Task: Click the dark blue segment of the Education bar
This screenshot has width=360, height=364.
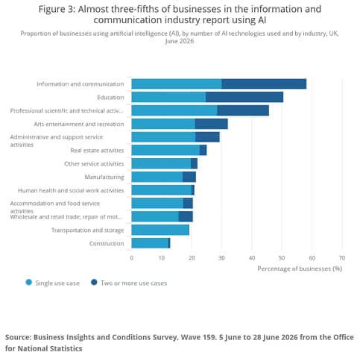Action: tap(244, 97)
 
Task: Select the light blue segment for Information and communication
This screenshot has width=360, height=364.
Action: tap(177, 84)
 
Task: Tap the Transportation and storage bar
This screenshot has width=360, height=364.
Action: tap(160, 230)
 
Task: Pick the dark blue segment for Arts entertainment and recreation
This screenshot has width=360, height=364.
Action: tap(211, 124)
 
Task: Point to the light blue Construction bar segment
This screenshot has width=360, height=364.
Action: tap(151, 243)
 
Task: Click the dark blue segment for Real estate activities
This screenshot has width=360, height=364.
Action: tap(203, 150)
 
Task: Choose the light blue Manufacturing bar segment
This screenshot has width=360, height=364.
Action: tap(157, 177)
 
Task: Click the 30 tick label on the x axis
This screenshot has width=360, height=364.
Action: tap(221, 258)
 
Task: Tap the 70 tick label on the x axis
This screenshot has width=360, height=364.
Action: tap(342, 258)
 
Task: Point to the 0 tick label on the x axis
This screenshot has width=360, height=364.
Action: tap(132, 258)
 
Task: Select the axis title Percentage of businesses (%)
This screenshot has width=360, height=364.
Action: tap(300, 269)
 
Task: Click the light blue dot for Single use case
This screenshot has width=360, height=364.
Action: tap(29, 283)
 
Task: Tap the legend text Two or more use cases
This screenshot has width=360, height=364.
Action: tap(133, 283)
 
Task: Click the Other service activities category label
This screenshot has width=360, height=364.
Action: tap(94, 163)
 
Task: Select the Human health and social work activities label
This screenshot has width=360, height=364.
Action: tap(71, 190)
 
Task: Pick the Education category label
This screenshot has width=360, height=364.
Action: tap(110, 97)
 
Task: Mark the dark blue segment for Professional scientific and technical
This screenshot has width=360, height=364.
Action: tap(243, 110)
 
